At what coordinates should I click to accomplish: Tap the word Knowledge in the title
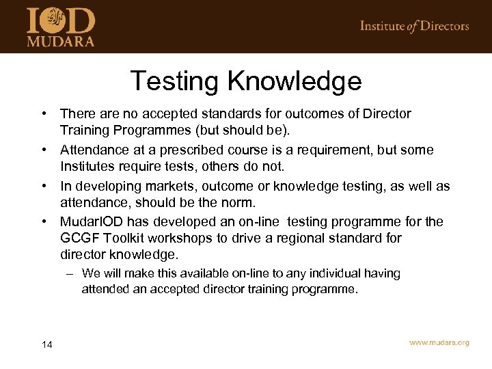click(295, 81)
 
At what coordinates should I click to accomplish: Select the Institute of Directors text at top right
click(414, 26)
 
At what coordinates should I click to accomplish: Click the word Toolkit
click(126, 238)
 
